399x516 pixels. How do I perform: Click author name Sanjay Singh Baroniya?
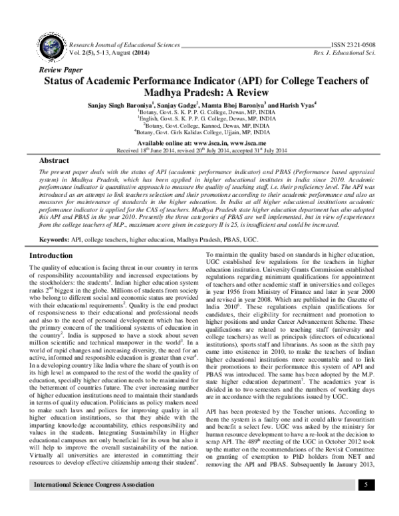pos(117,104)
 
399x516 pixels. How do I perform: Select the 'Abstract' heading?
pos(55,162)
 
